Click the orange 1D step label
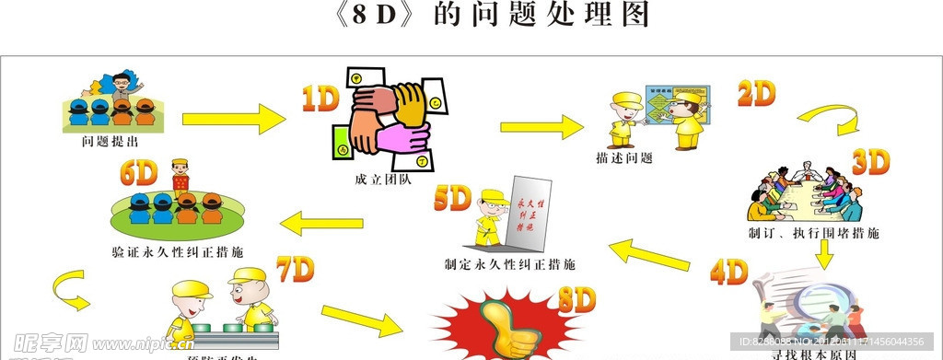(x=321, y=99)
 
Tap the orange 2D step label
(x=756, y=94)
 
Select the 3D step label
(x=869, y=162)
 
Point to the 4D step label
(x=729, y=272)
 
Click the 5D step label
(x=453, y=198)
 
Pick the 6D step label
(x=139, y=172)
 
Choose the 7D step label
(x=296, y=270)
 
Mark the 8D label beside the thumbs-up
(x=577, y=299)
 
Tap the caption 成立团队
(x=380, y=179)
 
